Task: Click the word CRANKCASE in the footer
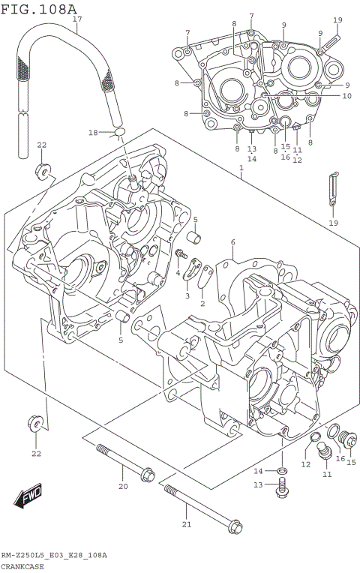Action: tap(22, 567)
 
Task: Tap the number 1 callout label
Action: tap(241, 169)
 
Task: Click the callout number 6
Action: tap(232, 241)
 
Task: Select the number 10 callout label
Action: tap(346, 95)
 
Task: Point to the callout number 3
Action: tap(187, 296)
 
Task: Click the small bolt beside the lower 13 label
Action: tap(282, 488)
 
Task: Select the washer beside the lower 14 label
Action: tap(280, 470)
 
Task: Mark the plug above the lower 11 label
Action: tap(325, 451)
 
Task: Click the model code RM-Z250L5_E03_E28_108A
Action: tap(53, 556)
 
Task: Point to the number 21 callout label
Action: tap(187, 524)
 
